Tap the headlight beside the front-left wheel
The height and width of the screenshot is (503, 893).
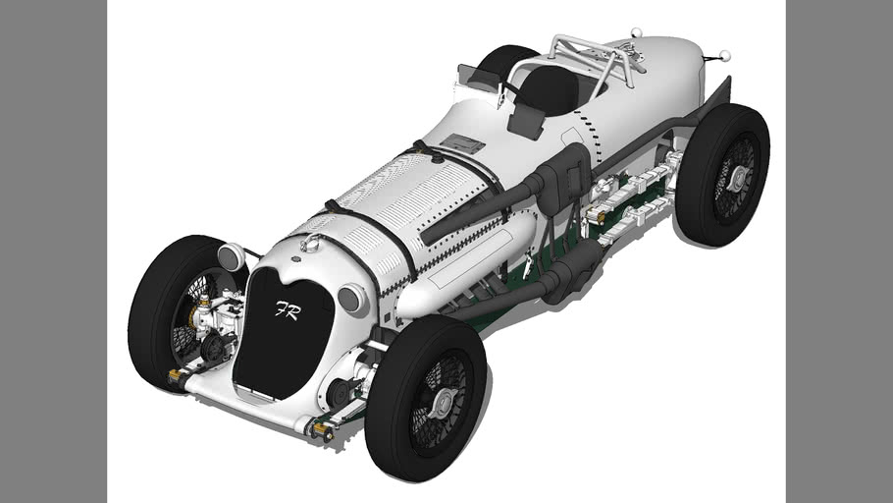pos(231,257)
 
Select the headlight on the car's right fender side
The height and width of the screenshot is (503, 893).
pos(351,299)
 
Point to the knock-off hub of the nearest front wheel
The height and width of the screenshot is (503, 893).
pos(442,402)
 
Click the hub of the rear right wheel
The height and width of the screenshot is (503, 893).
pos(737,177)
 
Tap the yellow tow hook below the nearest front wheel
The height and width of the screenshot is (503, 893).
pos(320,430)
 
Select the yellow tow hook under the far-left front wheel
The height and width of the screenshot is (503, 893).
pos(177,375)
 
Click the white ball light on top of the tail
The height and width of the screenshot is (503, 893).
pos(636,32)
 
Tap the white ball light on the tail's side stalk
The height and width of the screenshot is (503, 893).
pos(725,55)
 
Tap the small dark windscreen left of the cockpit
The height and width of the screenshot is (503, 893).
pos(476,75)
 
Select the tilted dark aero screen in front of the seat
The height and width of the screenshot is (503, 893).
pos(527,121)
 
